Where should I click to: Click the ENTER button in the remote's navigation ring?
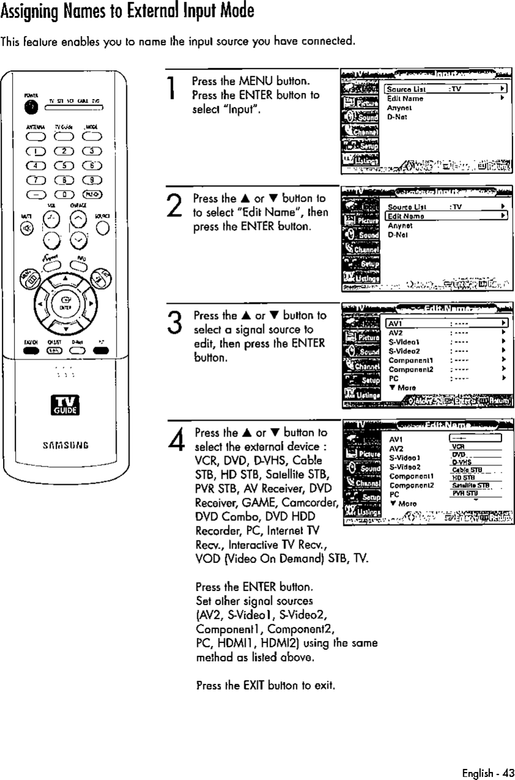tap(64, 303)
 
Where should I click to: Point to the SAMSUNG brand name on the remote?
tap(64, 445)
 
